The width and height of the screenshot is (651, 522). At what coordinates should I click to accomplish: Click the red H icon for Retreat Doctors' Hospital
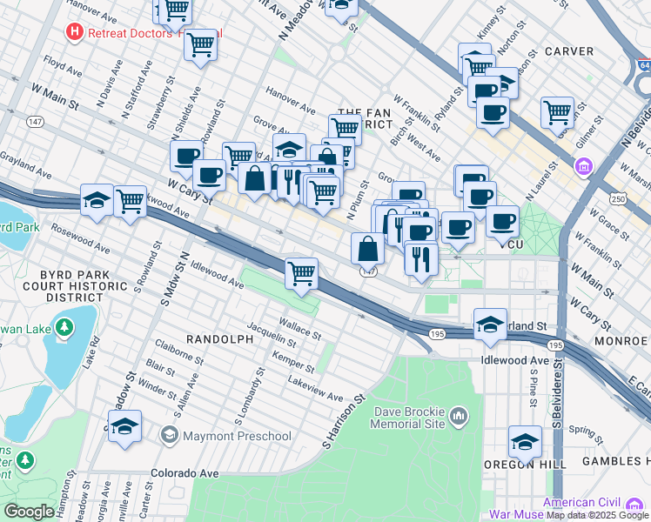76,33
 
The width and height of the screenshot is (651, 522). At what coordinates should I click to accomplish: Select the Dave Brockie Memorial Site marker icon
460,420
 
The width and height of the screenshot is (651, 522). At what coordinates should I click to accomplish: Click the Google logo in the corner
28,512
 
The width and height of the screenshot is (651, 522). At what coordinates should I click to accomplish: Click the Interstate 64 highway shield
643,65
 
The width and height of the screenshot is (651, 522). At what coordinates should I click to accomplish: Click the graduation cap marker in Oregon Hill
525,443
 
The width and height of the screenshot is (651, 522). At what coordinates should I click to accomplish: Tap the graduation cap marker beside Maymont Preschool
125,428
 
